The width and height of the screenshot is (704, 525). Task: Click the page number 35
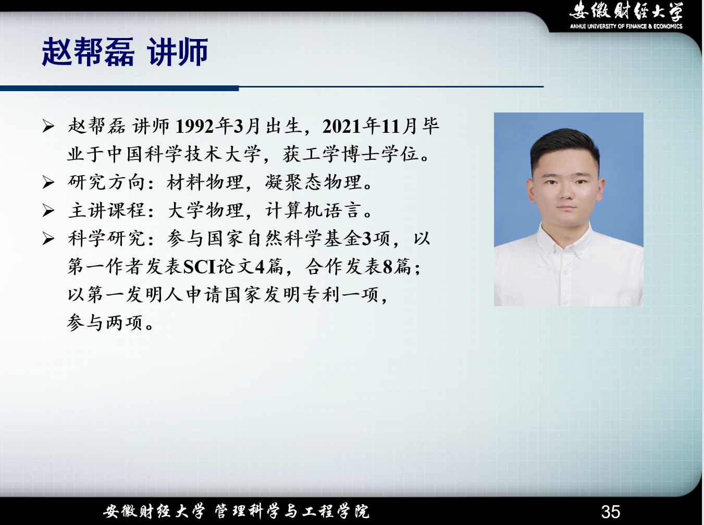point(611,511)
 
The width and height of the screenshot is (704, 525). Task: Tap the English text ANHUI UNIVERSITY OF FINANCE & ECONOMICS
point(626,26)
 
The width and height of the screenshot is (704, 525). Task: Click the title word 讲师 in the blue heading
point(177,52)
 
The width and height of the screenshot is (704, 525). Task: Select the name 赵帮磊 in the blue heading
point(88,52)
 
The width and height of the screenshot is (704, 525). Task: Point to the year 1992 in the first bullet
point(195,126)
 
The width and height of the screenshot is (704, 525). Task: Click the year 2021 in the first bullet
point(342,126)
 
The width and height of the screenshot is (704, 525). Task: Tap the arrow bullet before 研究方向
point(48,183)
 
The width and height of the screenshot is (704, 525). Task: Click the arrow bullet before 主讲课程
point(48,211)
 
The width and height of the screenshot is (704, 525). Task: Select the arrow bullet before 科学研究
point(48,239)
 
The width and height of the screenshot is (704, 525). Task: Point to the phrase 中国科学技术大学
point(184,154)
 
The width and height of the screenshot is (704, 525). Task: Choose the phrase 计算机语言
point(314,210)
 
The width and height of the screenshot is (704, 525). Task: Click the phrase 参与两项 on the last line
point(105,323)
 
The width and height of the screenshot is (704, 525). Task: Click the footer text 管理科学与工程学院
point(291,511)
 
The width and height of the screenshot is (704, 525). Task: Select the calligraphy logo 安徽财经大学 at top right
point(626,11)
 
